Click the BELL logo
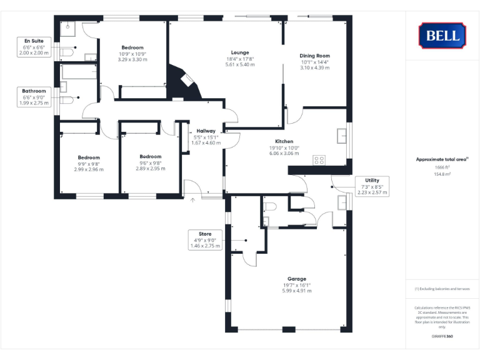(442, 35)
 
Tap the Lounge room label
(239, 52)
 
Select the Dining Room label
(315, 56)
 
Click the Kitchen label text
(284, 141)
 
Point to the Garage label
(296, 279)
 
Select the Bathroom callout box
(34, 97)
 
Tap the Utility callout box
(371, 186)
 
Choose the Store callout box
(205, 240)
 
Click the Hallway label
(205, 131)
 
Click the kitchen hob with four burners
(319, 160)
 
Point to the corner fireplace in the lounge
(187, 81)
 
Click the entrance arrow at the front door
(192, 200)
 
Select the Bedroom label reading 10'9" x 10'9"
(132, 48)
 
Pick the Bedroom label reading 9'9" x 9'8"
(88, 157)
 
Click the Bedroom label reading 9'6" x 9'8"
(151, 157)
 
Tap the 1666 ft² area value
(442, 167)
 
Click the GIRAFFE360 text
(442, 337)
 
